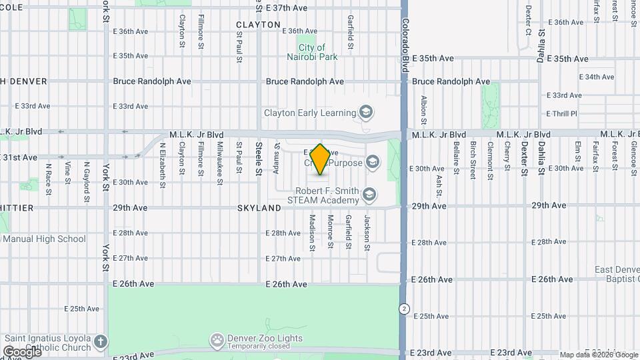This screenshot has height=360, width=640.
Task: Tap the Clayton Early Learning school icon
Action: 365,112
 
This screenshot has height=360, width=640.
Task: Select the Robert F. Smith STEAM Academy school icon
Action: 369,195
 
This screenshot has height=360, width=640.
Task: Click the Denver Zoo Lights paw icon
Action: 217,339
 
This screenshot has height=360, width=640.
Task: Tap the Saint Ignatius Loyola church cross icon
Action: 100,342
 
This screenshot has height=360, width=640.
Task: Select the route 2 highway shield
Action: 404,309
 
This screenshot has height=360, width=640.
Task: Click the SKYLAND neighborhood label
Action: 259,208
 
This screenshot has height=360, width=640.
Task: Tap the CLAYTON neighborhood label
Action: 258,25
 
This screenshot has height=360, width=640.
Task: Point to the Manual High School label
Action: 44,239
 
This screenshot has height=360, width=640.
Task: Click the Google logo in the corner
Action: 21,351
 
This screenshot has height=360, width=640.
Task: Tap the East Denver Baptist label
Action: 617,274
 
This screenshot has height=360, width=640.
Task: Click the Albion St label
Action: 423,110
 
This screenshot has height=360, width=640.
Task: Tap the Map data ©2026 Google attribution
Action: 597,355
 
